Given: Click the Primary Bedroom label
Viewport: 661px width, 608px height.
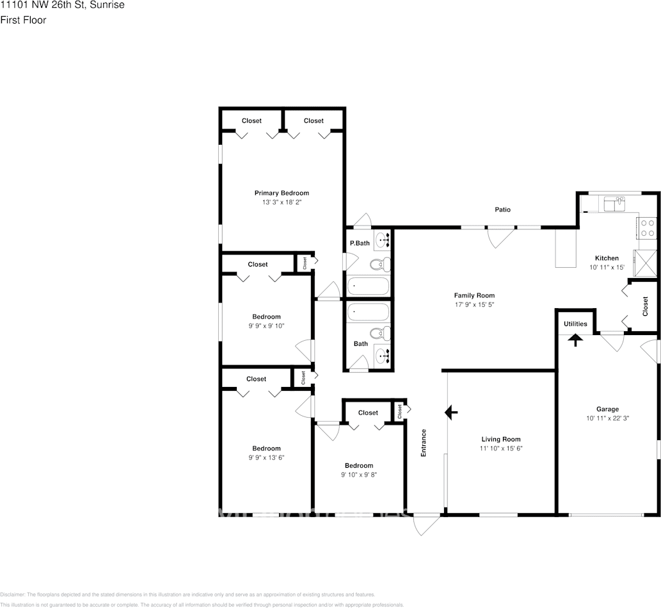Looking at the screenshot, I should [282, 193].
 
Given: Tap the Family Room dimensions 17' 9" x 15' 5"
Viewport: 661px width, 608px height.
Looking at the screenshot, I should [474, 304].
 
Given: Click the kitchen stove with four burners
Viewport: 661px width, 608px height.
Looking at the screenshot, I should [647, 228].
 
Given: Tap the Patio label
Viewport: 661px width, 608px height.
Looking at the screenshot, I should [502, 210].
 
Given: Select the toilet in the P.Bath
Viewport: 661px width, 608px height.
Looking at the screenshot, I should [379, 264].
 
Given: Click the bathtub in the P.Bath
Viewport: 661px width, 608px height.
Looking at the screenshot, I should [368, 287].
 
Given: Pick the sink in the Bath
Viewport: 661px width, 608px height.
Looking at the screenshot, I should [381, 354].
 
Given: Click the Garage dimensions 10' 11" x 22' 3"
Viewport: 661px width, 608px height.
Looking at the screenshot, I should [607, 418].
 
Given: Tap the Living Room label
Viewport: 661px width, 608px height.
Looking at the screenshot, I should [501, 440].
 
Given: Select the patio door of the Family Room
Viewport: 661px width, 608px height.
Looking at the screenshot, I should [500, 236].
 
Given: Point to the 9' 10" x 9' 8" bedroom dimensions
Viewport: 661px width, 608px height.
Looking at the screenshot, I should [358, 475].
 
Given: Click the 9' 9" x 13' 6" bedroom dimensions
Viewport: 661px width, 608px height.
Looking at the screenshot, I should [266, 457].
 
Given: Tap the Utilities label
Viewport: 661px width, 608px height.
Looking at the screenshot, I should [575, 324].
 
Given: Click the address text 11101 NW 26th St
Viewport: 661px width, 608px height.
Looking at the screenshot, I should [62, 5].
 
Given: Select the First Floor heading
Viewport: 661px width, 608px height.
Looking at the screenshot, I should [23, 20].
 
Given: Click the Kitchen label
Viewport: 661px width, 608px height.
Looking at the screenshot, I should [606, 258].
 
